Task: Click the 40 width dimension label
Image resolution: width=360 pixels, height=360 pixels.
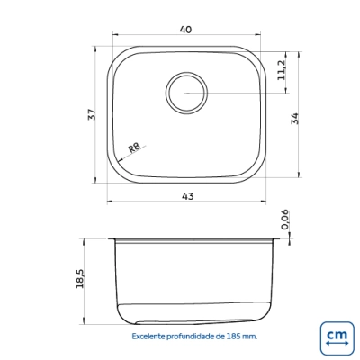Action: point(185,30)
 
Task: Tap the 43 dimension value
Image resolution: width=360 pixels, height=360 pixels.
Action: point(188,196)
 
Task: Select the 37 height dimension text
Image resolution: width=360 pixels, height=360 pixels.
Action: point(93,114)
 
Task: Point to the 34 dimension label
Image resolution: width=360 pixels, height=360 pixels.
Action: point(295,119)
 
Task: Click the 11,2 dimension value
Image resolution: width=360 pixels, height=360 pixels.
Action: point(282,69)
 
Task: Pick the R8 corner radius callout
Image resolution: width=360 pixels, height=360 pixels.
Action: point(134,148)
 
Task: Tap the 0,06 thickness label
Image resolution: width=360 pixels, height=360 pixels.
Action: point(284,220)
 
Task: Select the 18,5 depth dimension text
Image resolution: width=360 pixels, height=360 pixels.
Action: point(80,279)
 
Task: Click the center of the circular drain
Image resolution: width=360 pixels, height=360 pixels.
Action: point(186,93)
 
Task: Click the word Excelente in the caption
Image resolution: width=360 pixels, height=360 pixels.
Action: point(148,337)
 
